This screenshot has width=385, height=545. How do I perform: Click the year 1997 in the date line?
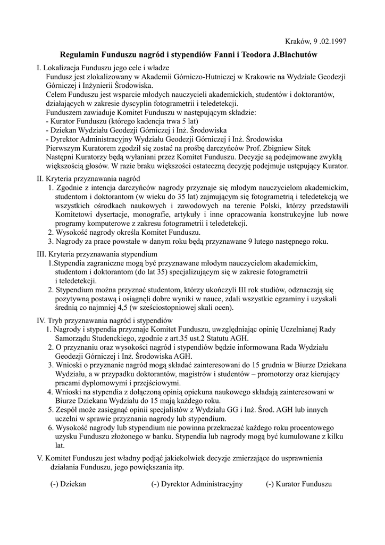pos(337,42)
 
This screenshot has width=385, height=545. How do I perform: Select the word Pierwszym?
pos(63,147)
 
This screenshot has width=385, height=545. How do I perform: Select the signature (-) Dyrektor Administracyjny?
pos(197,484)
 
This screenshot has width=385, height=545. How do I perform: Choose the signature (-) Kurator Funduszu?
pos(299,484)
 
